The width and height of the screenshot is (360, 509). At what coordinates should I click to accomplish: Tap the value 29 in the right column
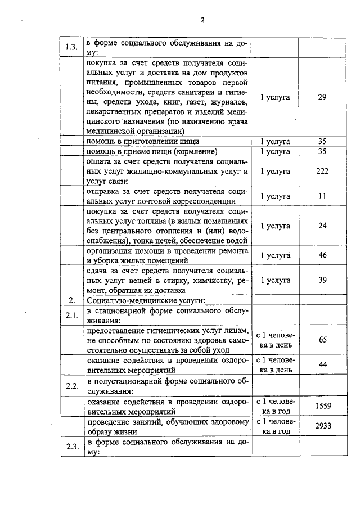pyautogui.click(x=322, y=97)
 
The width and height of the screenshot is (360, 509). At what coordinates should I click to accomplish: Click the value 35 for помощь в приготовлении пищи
pyautogui.click(x=322, y=142)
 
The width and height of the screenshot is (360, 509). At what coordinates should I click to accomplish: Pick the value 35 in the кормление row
pyautogui.click(x=322, y=152)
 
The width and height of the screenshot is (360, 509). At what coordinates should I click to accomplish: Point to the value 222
pyautogui.click(x=322, y=172)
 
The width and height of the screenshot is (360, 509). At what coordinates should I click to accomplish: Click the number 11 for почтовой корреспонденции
pyautogui.click(x=322, y=196)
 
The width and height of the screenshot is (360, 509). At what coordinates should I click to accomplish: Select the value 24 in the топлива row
pyautogui.click(x=322, y=226)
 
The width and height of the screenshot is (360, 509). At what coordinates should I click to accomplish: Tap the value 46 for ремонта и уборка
pyautogui.click(x=322, y=255)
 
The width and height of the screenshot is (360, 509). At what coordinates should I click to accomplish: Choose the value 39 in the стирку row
pyautogui.click(x=322, y=280)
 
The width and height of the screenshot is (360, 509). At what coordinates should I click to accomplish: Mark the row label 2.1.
pyautogui.click(x=71, y=316)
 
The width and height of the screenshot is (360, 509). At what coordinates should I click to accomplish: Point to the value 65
pyautogui.click(x=322, y=340)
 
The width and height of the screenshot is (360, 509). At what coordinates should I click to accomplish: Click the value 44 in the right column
pyautogui.click(x=322, y=365)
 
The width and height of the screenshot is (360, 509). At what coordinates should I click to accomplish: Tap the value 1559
pyautogui.click(x=322, y=406)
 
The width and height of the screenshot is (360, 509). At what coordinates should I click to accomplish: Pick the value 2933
pyautogui.click(x=322, y=426)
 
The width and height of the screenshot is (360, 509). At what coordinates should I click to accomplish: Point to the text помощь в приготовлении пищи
pyautogui.click(x=142, y=142)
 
